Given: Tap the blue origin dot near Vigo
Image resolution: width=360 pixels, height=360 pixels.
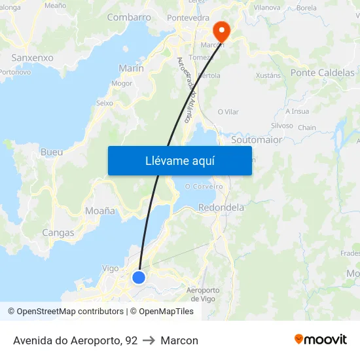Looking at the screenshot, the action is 139,278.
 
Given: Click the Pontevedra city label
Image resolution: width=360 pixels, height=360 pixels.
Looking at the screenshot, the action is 189,18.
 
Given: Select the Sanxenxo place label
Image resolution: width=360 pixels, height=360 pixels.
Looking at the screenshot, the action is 33,58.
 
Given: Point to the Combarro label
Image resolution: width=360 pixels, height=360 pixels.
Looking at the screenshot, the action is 129,18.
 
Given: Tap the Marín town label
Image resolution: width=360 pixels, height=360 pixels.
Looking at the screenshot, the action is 131,68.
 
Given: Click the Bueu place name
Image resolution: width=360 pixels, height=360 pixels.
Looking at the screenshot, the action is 52,152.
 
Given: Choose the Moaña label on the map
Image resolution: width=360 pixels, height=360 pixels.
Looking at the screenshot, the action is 100,211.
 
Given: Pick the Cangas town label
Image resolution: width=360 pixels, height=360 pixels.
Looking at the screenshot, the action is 58,232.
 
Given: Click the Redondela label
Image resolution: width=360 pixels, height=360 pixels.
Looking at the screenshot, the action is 221,207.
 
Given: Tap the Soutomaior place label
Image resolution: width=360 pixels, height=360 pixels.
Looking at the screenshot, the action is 257,140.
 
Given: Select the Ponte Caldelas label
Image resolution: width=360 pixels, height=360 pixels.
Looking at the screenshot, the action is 322,73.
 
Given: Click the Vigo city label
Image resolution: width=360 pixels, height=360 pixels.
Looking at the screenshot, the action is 111,268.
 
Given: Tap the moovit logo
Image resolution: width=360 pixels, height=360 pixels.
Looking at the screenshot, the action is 321,340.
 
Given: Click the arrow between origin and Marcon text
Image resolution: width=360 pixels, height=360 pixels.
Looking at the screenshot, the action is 149,340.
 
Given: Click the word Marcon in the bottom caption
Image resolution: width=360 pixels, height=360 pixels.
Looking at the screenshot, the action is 179,340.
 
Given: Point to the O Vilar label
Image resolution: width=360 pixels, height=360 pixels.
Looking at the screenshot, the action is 228,112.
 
